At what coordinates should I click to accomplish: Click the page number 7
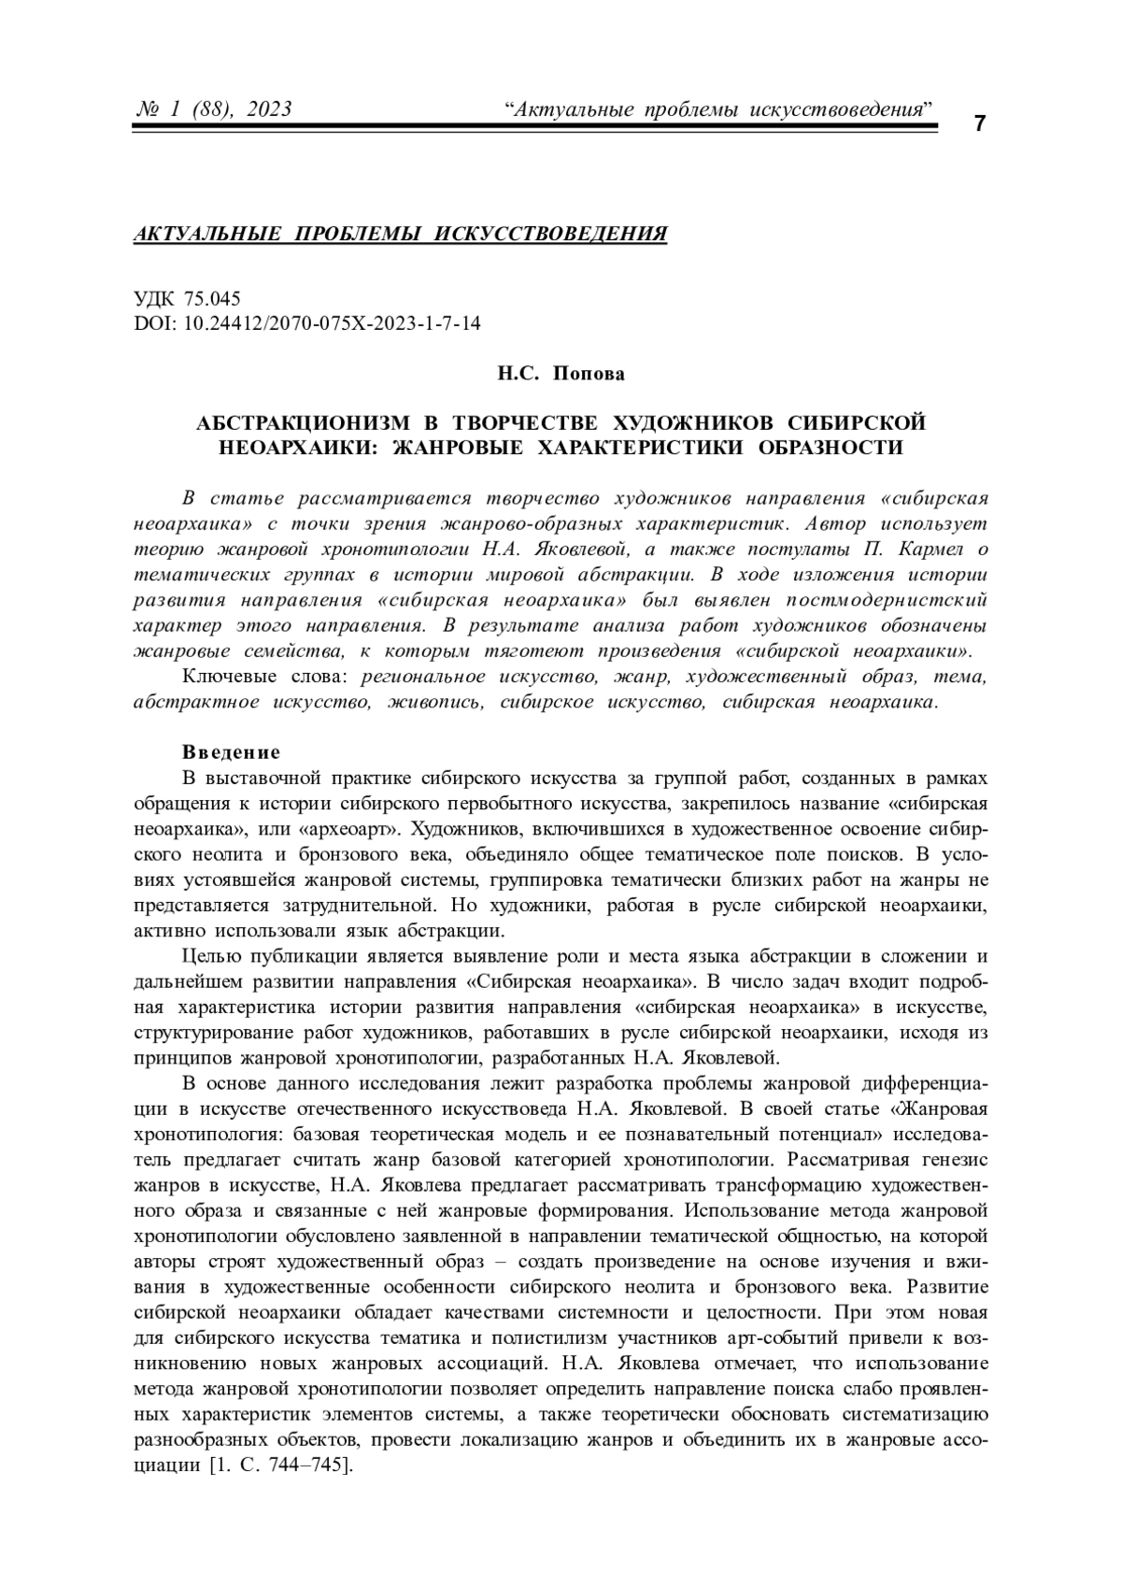pos(979,124)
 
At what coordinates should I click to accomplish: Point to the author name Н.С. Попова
pos(560,374)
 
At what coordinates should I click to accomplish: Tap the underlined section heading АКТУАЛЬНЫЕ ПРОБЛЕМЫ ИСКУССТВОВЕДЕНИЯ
pos(401,234)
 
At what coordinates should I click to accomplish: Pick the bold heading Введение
pos(231,752)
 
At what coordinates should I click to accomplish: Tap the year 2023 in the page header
pos(270,110)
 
